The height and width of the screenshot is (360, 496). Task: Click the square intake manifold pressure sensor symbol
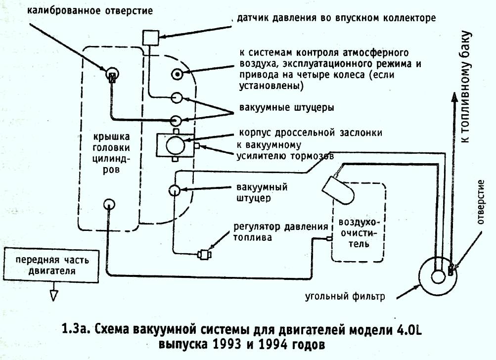[x=150, y=38]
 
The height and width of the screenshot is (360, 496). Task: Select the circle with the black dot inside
[x=177, y=74]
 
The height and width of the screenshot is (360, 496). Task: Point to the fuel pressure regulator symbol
[x=204, y=254]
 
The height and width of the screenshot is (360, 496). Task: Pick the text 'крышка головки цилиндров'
[x=111, y=153]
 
